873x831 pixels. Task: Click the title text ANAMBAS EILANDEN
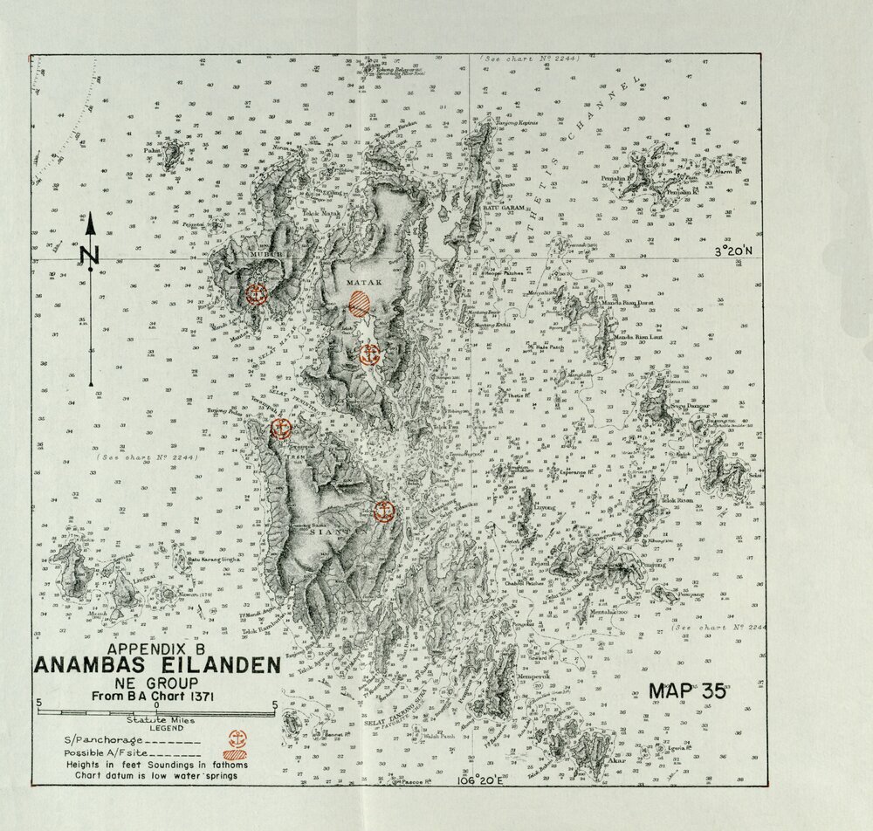pyautogui.click(x=158, y=665)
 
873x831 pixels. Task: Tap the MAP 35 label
pyautogui.click(x=687, y=691)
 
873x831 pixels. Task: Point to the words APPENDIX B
pyautogui.click(x=156, y=649)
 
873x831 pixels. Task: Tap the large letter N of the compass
pyautogui.click(x=90, y=255)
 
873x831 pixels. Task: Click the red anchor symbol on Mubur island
pyautogui.click(x=256, y=294)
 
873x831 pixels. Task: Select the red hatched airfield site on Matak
pyautogui.click(x=359, y=304)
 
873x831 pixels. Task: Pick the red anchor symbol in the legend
pyautogui.click(x=235, y=738)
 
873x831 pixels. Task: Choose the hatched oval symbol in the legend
pyautogui.click(x=235, y=755)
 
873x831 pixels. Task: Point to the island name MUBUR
pyautogui.click(x=261, y=256)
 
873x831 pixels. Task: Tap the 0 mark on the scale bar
pyautogui.click(x=156, y=704)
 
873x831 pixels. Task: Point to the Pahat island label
pyautogui.click(x=155, y=150)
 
